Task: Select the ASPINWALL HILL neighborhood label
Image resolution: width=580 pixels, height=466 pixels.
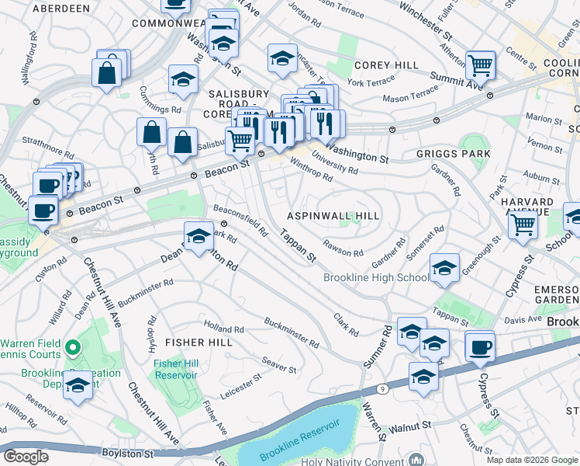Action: click(333, 216)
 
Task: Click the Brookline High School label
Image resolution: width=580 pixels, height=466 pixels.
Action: click(375, 278)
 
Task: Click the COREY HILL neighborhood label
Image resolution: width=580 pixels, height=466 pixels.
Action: click(386, 65)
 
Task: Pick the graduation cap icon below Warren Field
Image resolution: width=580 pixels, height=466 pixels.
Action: click(78, 384)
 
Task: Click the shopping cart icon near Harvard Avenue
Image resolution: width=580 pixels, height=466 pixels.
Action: click(523, 225)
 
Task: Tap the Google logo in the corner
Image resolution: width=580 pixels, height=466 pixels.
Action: click(26, 457)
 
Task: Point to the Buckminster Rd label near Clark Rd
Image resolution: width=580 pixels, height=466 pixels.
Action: click(291, 332)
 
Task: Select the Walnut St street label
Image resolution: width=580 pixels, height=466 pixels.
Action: click(410, 426)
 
